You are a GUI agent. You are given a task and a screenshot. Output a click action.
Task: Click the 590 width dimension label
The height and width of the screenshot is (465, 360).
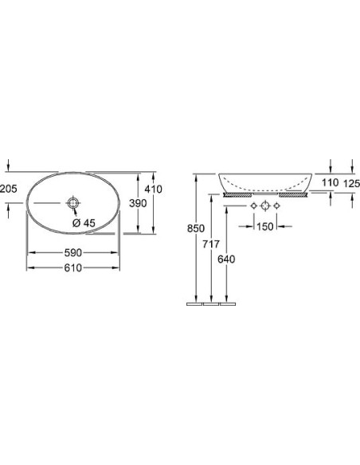[73, 252]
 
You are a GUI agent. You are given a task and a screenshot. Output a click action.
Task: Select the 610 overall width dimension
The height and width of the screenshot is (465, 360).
[73, 268]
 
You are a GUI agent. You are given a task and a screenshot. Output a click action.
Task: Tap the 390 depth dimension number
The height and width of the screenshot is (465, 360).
[138, 203]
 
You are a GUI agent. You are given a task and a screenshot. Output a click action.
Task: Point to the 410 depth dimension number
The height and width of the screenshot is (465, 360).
[153, 190]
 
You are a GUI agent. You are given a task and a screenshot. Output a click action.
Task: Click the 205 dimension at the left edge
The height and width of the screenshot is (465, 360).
[9, 189]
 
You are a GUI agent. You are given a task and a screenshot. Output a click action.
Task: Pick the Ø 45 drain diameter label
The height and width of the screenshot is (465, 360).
[84, 223]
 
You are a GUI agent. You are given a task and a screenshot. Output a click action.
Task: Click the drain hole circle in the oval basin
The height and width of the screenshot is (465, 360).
[72, 203]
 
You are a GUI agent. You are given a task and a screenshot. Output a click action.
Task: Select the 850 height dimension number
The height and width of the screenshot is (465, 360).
[196, 229]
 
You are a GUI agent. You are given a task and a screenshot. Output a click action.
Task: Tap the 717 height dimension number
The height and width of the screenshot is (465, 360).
[211, 244]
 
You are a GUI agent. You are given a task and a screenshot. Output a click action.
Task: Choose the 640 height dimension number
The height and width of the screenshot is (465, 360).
[226, 260]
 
